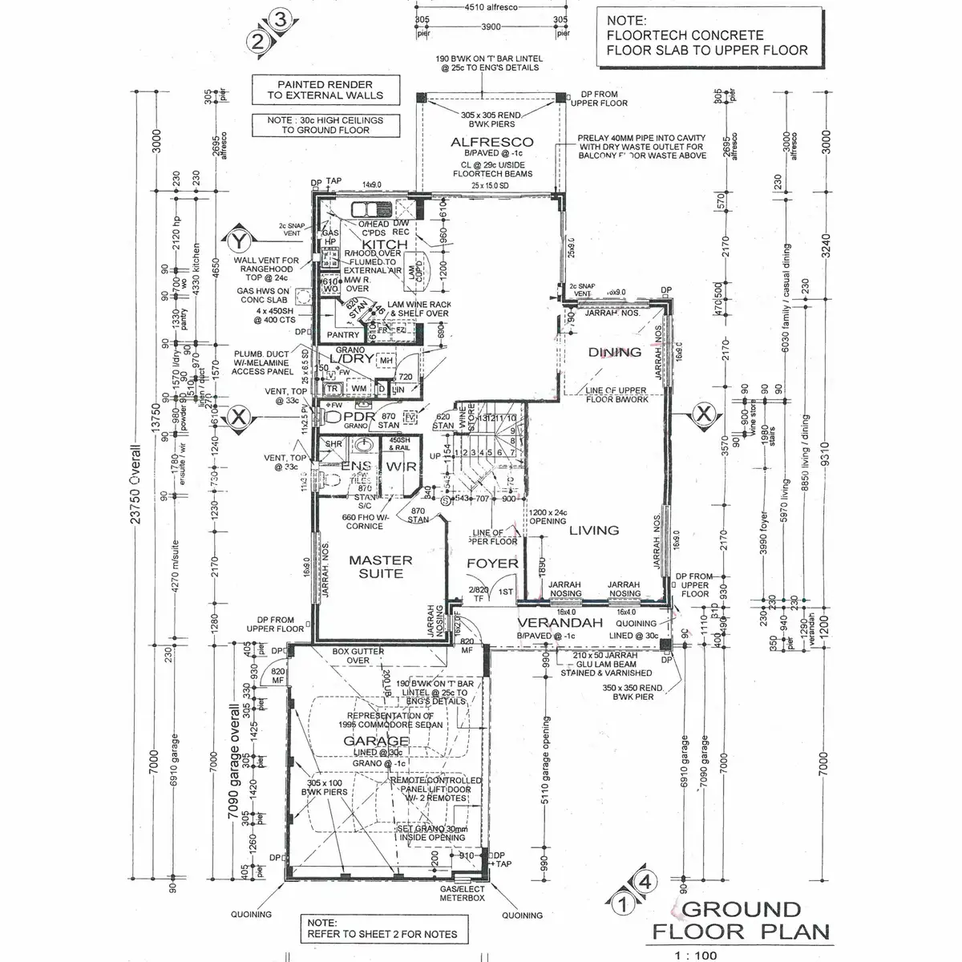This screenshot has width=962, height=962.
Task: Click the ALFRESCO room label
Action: pyautogui.click(x=491, y=143)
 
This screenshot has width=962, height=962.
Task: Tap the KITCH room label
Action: pyautogui.click(x=385, y=244)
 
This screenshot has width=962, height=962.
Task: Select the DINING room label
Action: pyautogui.click(x=615, y=352)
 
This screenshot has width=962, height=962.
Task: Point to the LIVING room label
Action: pyautogui.click(x=594, y=530)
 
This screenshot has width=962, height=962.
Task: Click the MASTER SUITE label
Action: pyautogui.click(x=381, y=567)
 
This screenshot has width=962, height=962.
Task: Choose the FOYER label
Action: pyautogui.click(x=492, y=563)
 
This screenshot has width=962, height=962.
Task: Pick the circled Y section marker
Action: pyautogui.click(x=237, y=239)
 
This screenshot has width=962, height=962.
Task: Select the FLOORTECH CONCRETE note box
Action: pyautogui.click(x=706, y=36)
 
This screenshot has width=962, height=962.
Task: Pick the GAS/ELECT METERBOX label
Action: pyautogui.click(x=463, y=894)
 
